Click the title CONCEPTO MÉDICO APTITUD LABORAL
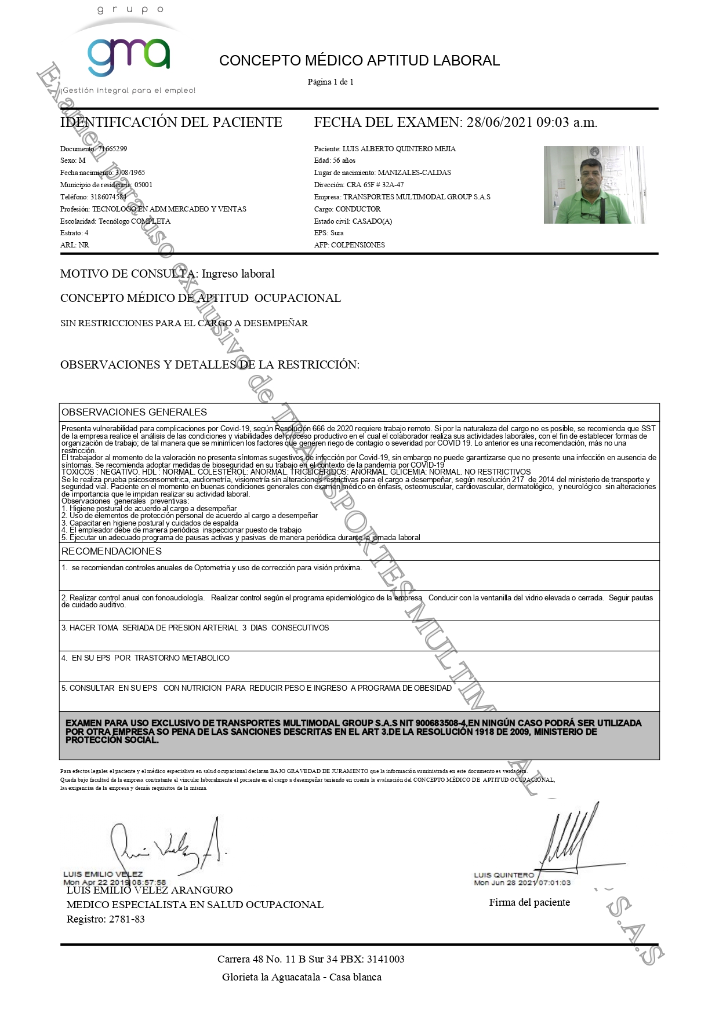[x=359, y=61]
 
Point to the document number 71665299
[x=112, y=149]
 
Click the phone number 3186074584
[x=108, y=197]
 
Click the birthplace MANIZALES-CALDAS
[x=414, y=173]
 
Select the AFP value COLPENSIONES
[x=358, y=245]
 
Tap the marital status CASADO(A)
[x=372, y=221]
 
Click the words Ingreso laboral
[x=238, y=274]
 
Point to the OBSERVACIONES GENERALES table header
[x=135, y=413]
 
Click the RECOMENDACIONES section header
[x=112, y=552]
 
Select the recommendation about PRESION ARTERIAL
[x=195, y=628]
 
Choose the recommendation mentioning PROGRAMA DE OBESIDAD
[x=257, y=688]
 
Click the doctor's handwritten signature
[x=168, y=847]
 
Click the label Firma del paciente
[x=529, y=902]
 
